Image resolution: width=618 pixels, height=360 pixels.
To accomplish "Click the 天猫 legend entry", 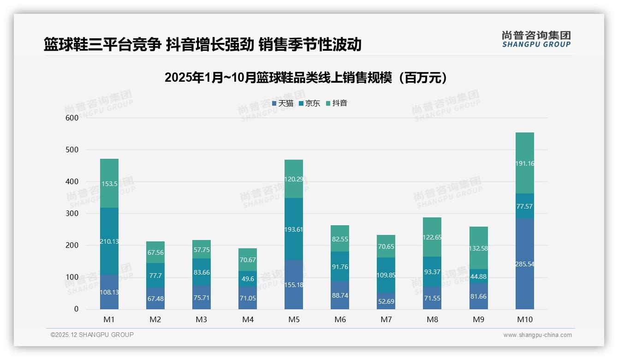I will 283,103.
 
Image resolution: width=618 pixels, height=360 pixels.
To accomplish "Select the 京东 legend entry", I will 309,103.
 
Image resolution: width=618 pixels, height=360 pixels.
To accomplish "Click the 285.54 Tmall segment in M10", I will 524,264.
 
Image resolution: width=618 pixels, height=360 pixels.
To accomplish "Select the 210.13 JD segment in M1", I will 109,241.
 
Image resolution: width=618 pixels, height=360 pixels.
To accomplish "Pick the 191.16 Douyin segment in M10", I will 524,163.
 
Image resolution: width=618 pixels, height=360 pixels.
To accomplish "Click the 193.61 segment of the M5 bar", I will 294,229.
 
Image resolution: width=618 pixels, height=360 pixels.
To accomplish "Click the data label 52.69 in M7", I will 386,302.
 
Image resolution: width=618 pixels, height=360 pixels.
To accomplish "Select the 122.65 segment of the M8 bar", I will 432,237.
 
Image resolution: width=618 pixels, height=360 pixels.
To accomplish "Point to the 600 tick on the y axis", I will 72,118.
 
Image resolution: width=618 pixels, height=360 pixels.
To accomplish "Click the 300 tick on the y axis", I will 72,213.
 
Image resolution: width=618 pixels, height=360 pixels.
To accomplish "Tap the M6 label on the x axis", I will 340,319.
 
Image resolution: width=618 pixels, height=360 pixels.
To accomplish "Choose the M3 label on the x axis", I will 202,319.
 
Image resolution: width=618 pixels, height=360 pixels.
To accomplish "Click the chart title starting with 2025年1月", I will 306,78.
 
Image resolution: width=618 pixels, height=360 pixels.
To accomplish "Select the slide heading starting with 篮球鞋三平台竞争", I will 202,45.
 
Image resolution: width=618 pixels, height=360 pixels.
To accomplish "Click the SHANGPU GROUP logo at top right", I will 536,39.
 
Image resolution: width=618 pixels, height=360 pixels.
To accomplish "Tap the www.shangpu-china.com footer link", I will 537,335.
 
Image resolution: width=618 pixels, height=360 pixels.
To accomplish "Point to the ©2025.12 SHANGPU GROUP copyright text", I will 92,335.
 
